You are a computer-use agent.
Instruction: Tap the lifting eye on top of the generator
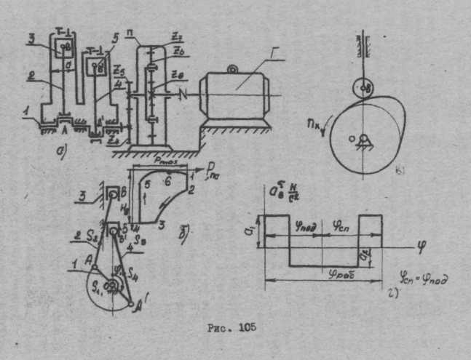pyautogui.click(x=232, y=70)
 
